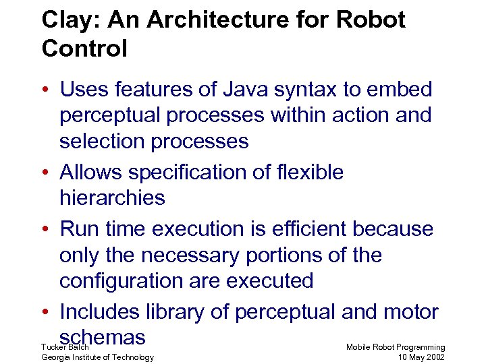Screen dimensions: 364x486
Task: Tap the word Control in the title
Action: (84, 49)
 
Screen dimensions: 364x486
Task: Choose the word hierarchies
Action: (112, 198)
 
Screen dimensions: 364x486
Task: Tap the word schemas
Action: (103, 336)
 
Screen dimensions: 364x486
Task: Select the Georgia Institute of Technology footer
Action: (97, 357)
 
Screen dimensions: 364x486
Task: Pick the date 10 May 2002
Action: (421, 357)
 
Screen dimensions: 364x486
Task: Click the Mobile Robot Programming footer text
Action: (396, 346)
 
